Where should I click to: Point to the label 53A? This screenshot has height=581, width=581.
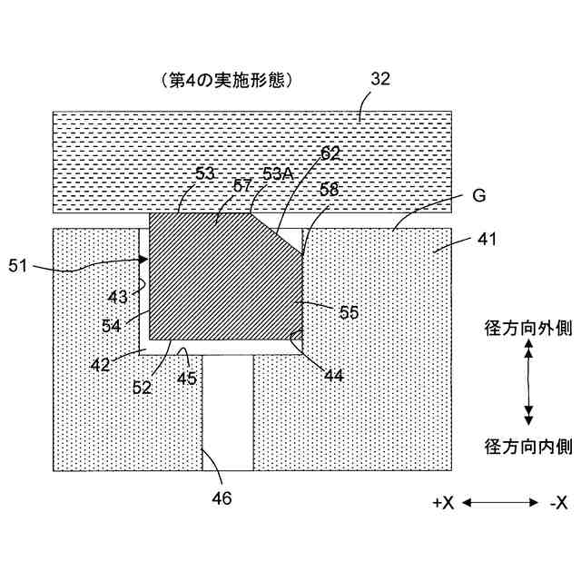point(278,173)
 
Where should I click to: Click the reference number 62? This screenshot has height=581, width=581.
point(330,153)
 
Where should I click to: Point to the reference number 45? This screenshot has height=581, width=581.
point(187,379)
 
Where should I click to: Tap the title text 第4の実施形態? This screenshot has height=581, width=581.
point(223,80)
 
